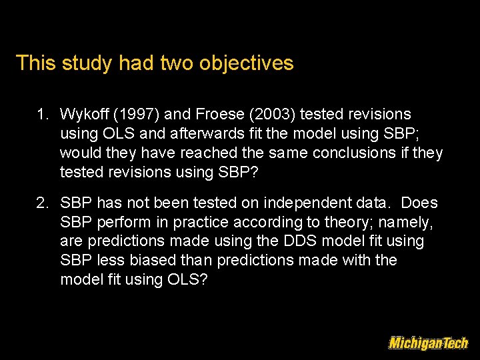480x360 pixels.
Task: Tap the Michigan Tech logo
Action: [428, 343]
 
